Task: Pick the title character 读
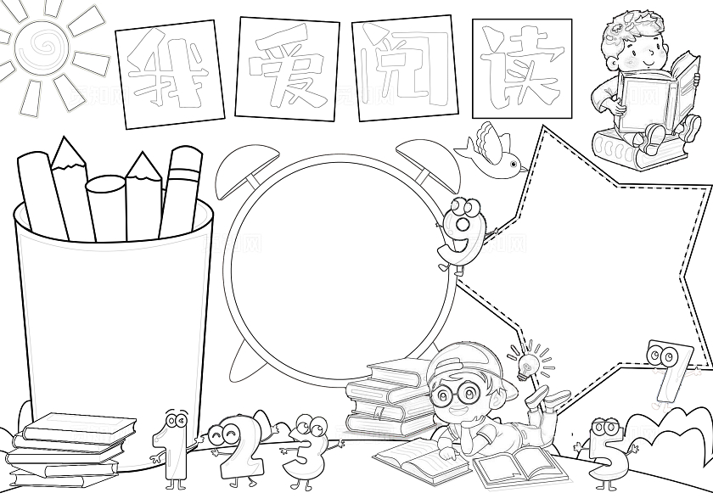point(521,67)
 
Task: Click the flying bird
point(491,150)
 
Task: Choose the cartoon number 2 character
point(237,451)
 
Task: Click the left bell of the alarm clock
point(245,171)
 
